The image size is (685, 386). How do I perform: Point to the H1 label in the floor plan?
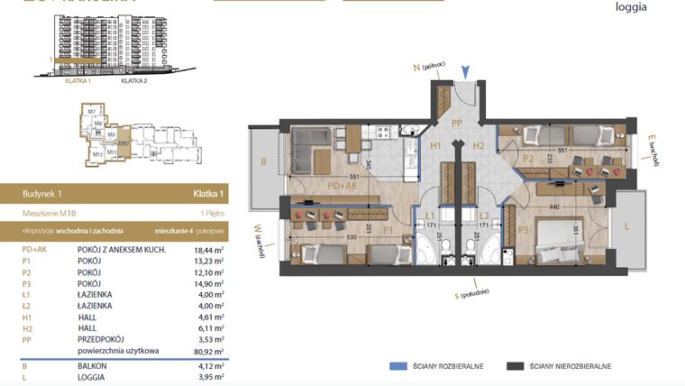point(435,144)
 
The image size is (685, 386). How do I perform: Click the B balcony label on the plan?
point(263,163)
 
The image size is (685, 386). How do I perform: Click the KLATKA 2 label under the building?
point(133,80)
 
